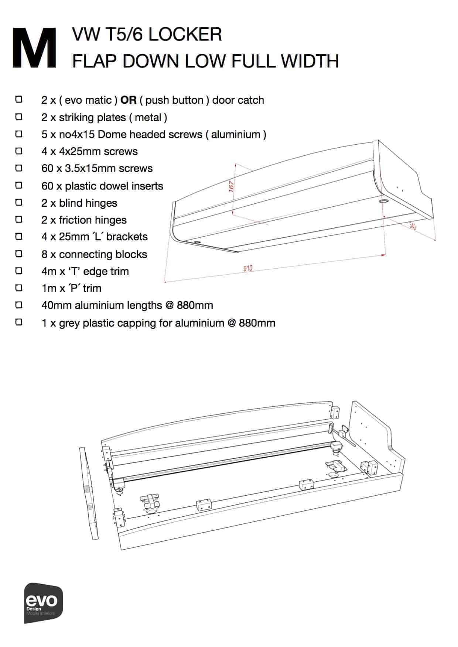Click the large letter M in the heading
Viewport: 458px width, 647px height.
click(x=34, y=48)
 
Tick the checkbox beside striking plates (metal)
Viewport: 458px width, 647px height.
click(x=19, y=117)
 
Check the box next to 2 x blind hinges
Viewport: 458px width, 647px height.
click(x=19, y=203)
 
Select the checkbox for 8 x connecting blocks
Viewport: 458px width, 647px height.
click(x=19, y=254)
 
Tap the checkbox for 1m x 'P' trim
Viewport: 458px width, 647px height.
click(x=19, y=288)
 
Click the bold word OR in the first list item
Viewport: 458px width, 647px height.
click(x=129, y=100)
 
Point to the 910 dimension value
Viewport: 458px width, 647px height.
click(x=248, y=268)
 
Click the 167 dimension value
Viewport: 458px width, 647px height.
click(x=232, y=186)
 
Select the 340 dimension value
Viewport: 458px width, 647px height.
click(x=413, y=226)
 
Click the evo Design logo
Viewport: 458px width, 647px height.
click(x=43, y=603)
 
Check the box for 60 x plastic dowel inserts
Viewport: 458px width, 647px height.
click(x=19, y=185)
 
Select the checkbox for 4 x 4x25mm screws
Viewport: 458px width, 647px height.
click(x=19, y=151)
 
